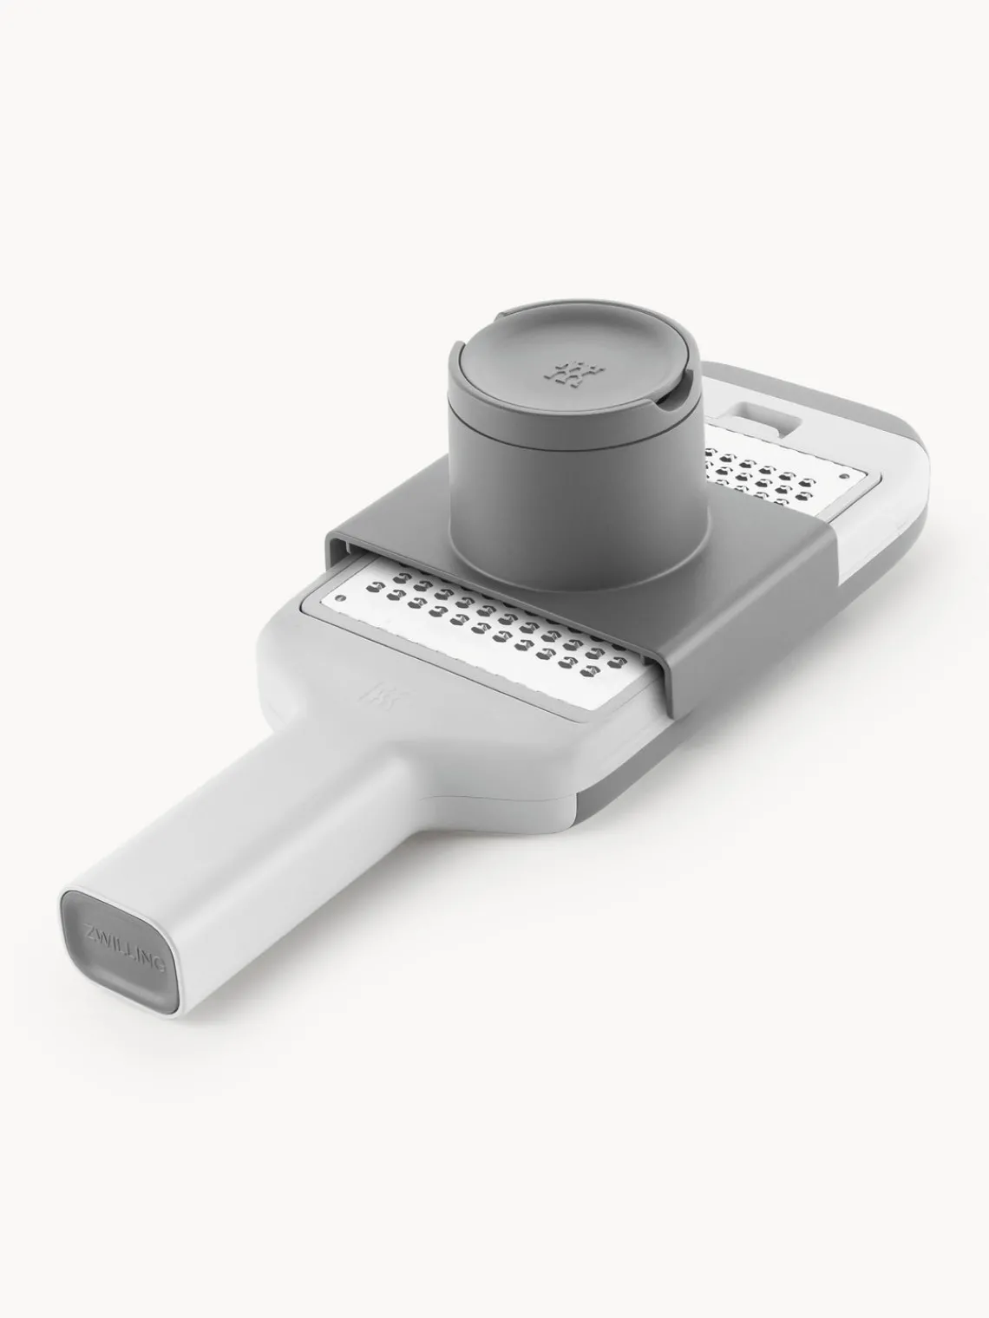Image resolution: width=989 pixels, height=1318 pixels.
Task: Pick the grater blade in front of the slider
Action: click(486, 633)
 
